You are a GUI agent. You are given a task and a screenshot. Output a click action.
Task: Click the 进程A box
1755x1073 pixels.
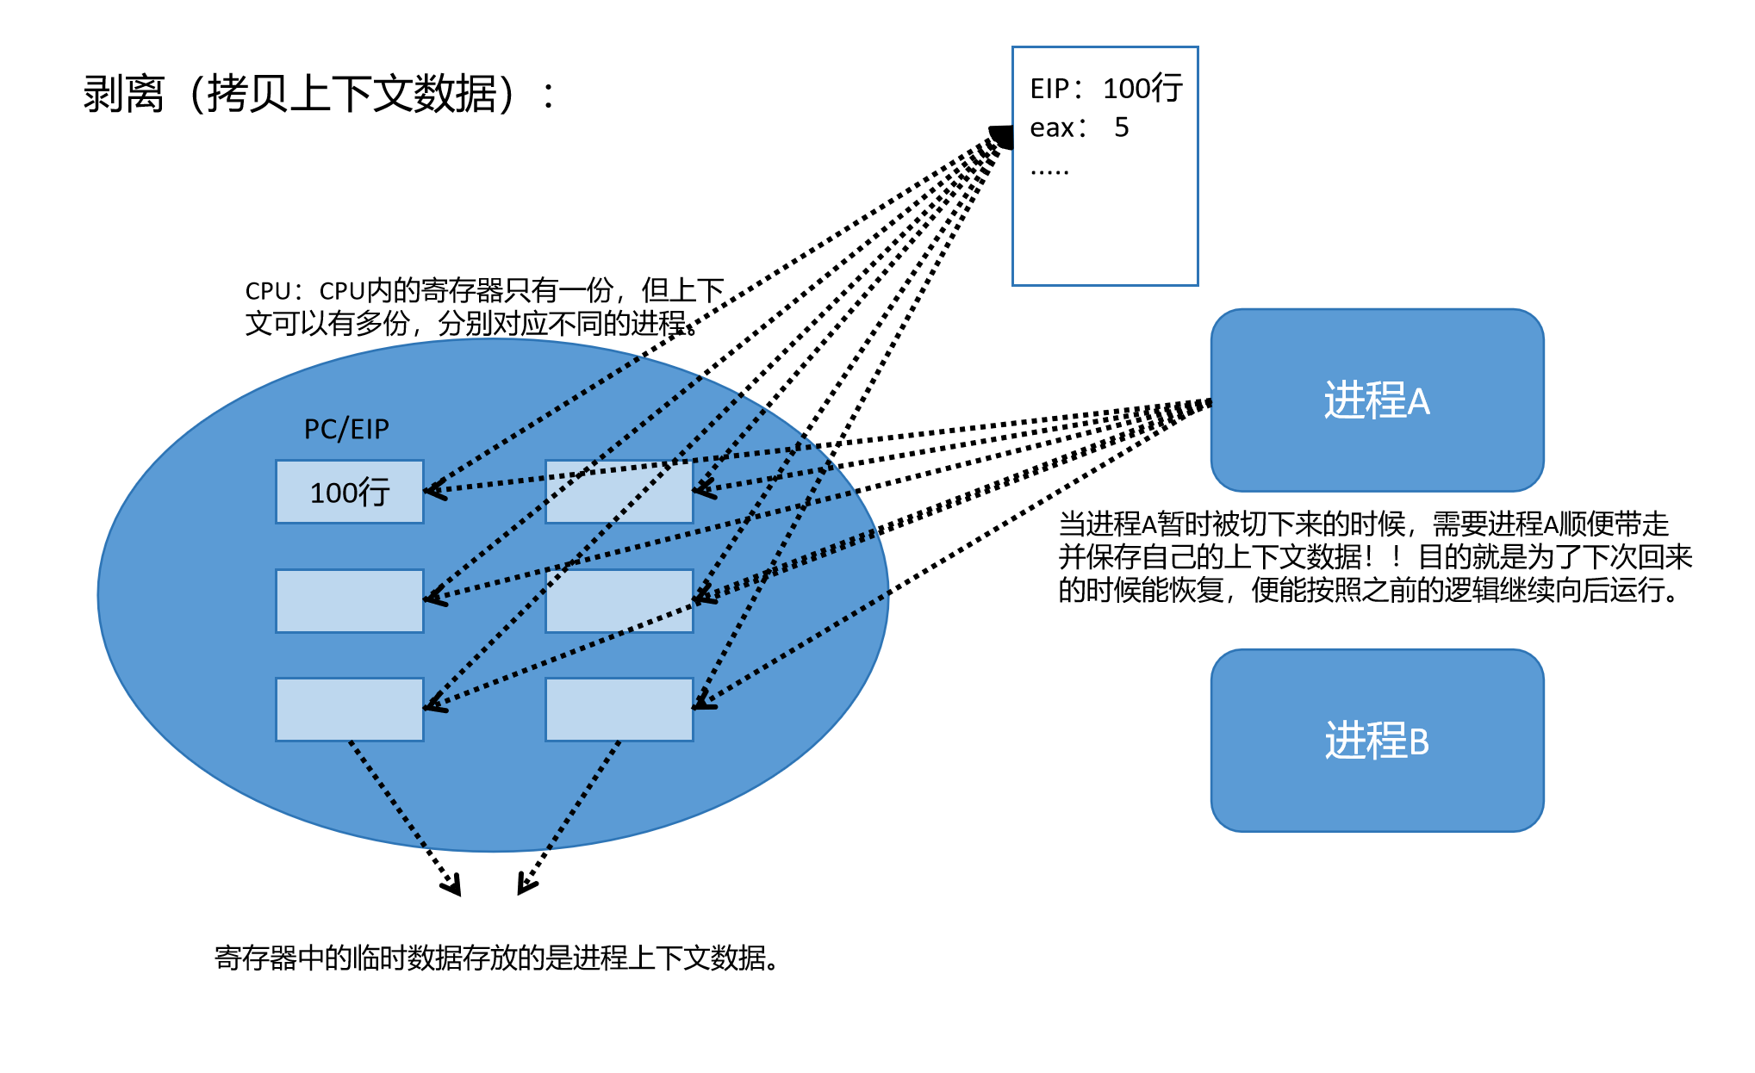1376,400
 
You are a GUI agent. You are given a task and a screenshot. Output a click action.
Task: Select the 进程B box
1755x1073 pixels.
1376,741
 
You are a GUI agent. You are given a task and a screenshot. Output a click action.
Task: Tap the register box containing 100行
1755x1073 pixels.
349,493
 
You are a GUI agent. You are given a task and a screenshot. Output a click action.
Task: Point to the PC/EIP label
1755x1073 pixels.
346,429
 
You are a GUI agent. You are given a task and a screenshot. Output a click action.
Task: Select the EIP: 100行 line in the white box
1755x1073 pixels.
1105,88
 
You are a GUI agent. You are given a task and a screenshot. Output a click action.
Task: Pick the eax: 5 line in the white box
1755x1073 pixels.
1079,127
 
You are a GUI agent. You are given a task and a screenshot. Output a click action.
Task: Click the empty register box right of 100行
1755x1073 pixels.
619,493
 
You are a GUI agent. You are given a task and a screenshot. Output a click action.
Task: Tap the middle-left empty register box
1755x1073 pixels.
349,601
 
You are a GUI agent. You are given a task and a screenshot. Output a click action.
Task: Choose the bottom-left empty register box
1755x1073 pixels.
349,710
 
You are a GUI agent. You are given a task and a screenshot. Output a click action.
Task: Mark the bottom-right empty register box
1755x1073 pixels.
619,710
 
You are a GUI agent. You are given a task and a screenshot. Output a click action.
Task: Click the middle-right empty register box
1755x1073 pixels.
619,601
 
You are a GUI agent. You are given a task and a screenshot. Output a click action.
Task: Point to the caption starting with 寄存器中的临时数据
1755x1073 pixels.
497,958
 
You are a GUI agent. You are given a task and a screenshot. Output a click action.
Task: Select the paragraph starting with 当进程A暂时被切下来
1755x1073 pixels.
1375,556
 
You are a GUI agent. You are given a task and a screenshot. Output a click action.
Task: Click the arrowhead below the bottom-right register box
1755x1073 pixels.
525,885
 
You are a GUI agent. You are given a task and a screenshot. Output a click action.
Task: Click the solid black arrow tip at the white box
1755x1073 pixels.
1001,135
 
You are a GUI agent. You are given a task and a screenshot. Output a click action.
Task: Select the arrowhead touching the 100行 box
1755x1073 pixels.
433,491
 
